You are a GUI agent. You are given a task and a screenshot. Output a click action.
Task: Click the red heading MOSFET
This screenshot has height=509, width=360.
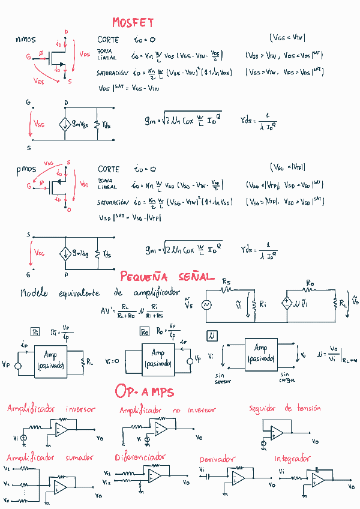click(x=133, y=23)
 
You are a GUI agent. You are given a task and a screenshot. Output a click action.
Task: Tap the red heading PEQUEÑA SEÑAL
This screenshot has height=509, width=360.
click(x=167, y=277)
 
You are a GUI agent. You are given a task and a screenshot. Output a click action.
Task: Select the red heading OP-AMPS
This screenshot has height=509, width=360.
click(x=144, y=392)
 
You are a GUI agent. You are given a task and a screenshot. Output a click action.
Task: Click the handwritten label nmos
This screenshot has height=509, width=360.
click(x=25, y=40)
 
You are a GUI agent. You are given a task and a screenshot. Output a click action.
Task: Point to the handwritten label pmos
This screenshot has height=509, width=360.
click(x=26, y=170)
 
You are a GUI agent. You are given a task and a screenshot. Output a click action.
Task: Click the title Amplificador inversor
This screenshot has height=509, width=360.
click(x=51, y=409)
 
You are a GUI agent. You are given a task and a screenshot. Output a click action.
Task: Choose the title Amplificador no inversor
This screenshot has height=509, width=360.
click(x=167, y=410)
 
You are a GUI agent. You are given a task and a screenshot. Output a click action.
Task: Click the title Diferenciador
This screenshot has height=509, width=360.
click(x=139, y=457)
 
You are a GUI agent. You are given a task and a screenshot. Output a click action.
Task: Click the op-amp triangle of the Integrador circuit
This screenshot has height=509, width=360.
click(x=318, y=480)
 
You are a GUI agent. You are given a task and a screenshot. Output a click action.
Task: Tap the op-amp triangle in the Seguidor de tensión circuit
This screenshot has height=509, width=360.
click(x=277, y=432)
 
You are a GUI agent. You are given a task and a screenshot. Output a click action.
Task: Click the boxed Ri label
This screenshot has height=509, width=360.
click(x=35, y=331)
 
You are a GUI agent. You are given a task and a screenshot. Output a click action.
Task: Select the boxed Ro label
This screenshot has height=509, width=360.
click(x=145, y=331)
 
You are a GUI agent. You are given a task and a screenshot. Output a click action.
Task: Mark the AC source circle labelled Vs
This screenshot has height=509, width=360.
click(x=208, y=305)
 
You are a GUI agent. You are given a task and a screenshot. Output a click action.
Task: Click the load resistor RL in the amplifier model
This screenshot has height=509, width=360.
click(x=335, y=304)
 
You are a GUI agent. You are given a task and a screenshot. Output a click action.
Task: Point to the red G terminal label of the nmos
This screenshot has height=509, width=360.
click(x=28, y=56)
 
